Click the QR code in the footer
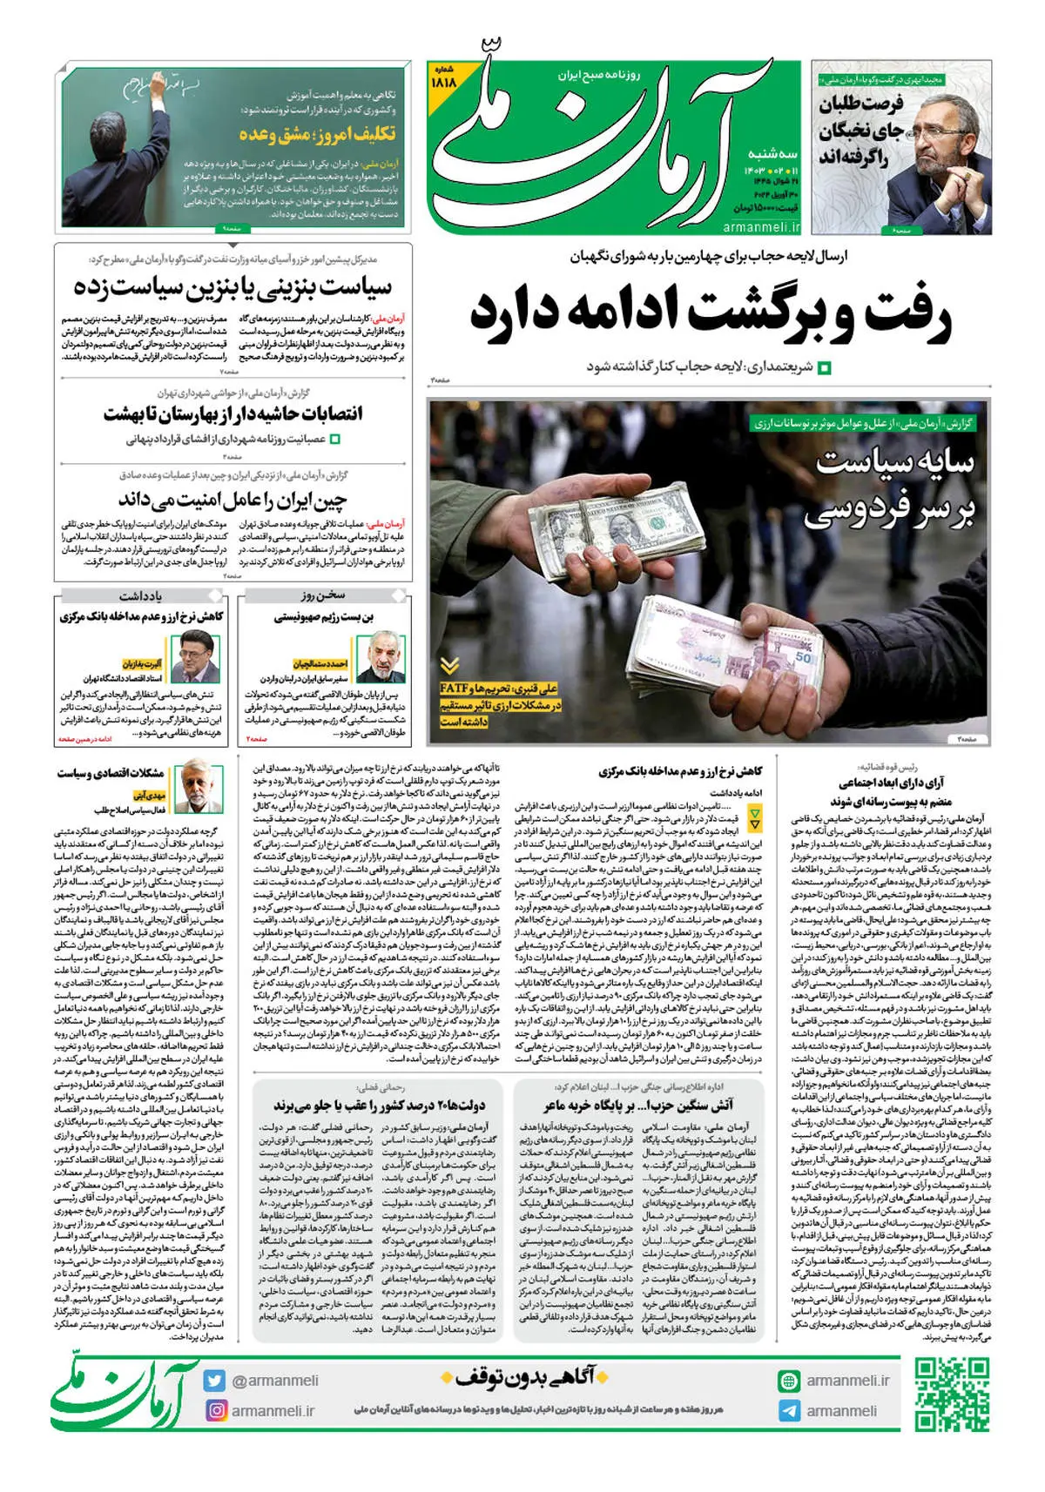coord(953,1395)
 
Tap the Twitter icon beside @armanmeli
coord(214,1381)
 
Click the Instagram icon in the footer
coord(214,1409)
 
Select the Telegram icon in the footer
coord(788,1410)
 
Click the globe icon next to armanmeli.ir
coord(788,1381)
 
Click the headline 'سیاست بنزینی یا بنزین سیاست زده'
coord(233,286)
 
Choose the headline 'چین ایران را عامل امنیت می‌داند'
coord(233,500)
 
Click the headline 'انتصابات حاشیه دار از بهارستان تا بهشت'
coord(233,413)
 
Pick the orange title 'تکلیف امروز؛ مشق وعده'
coord(317,133)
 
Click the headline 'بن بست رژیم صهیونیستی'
coord(324,617)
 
